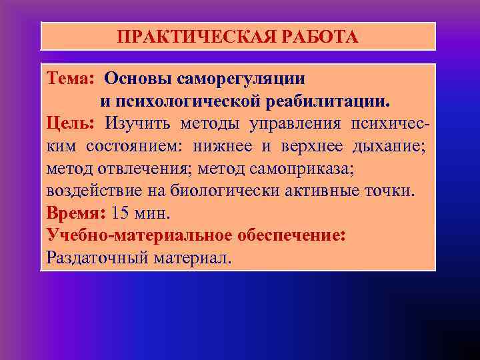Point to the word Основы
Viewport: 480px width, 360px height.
(x=138, y=79)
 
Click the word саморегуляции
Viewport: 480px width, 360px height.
(x=242, y=79)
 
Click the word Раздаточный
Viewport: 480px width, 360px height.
(x=93, y=258)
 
